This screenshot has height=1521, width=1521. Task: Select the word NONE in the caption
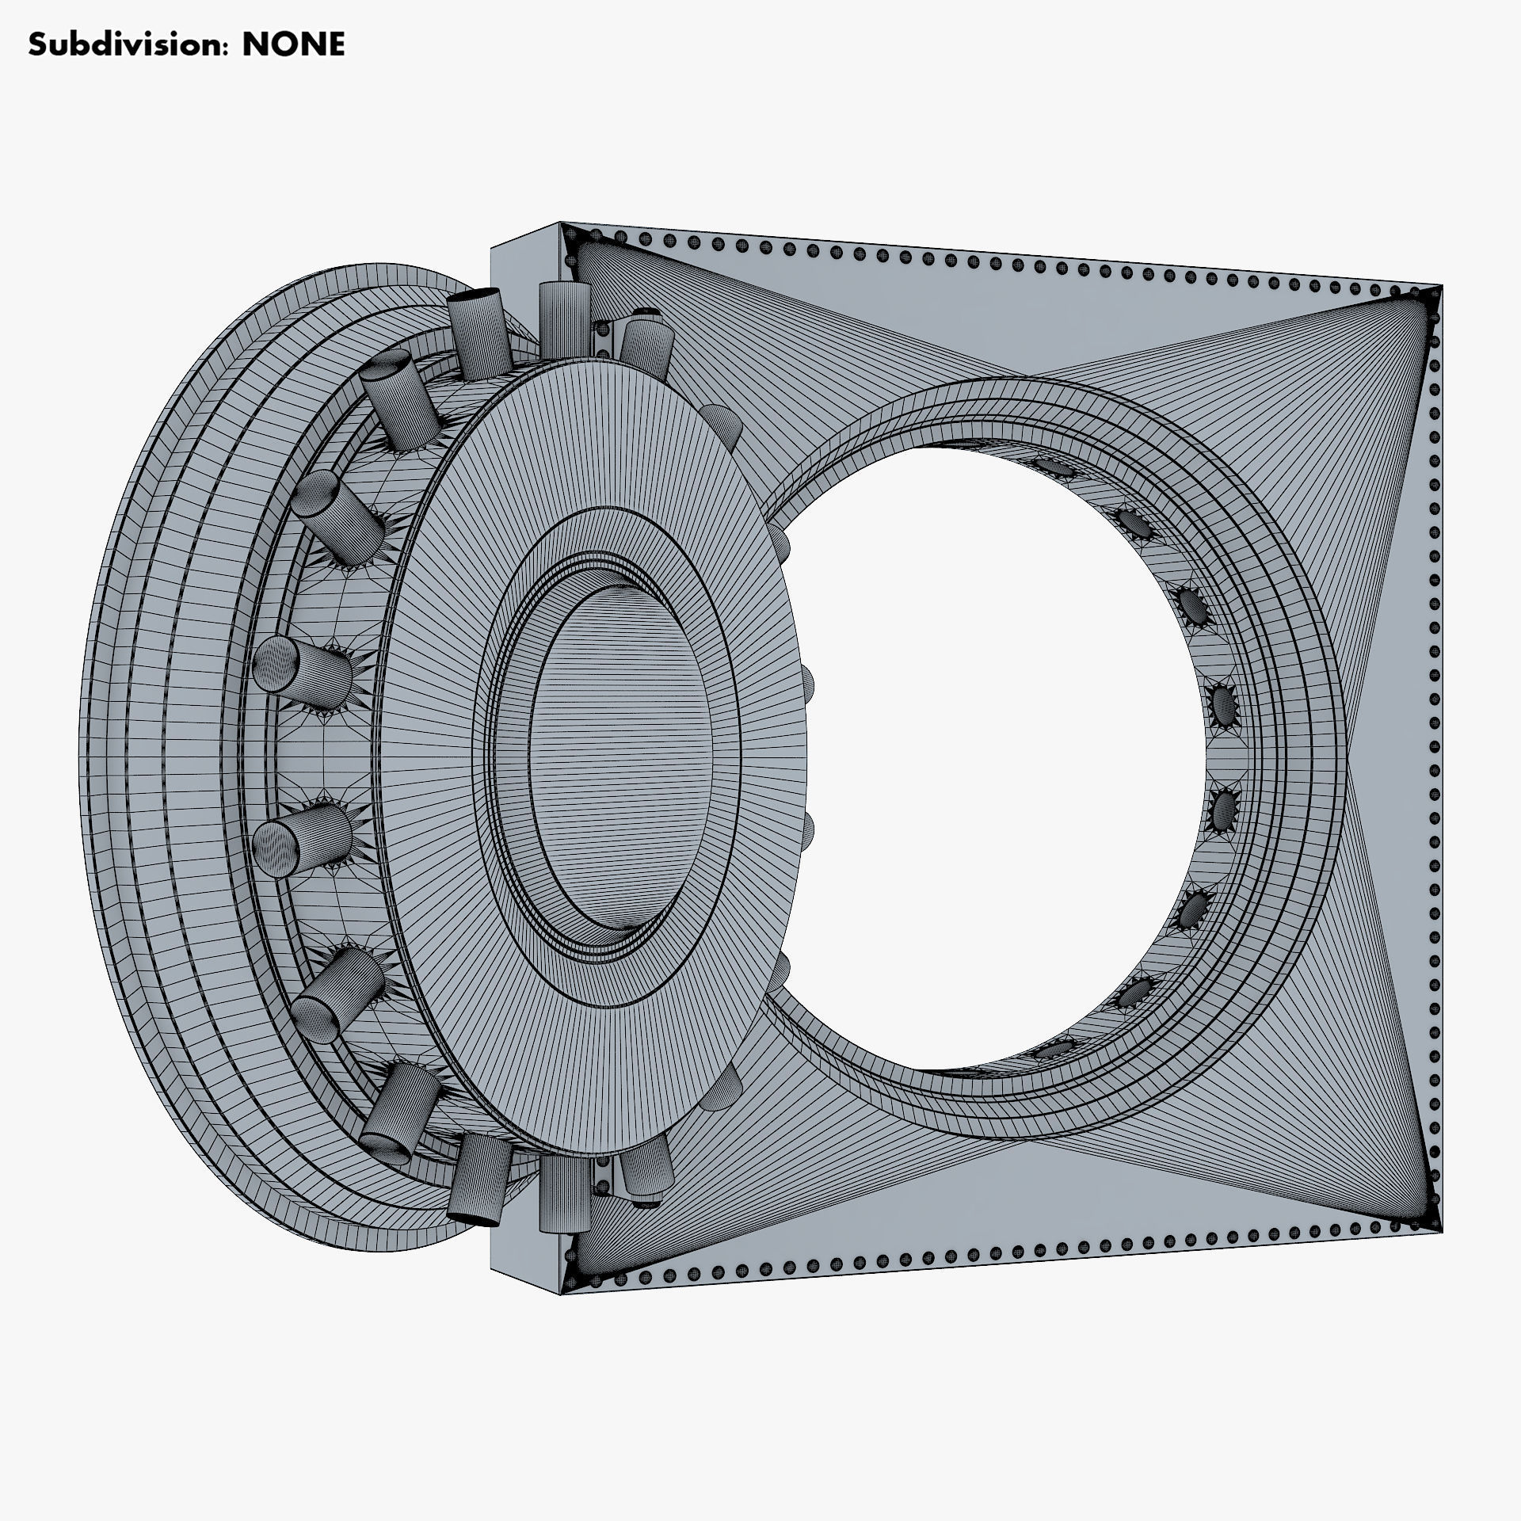[293, 45]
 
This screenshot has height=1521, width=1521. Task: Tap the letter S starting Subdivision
[36, 45]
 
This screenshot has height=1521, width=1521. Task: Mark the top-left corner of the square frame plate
[561, 224]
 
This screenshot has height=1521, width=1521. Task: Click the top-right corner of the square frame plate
[1441, 286]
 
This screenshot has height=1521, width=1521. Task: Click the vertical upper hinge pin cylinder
[562, 321]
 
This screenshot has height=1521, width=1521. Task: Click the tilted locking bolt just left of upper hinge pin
[478, 333]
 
